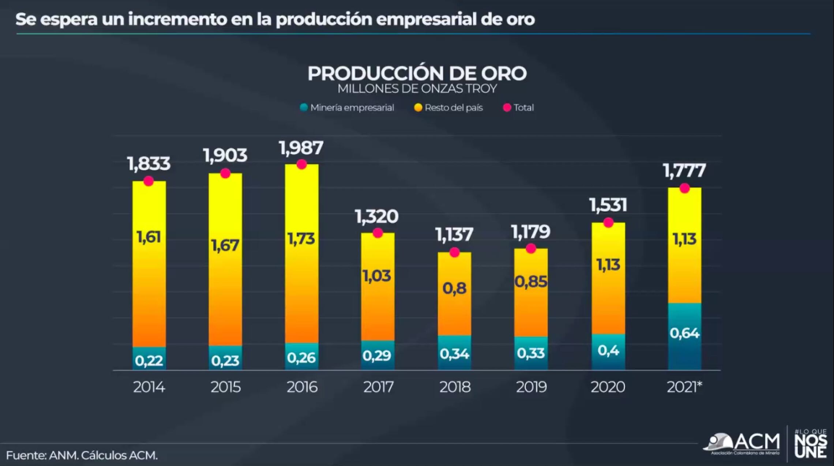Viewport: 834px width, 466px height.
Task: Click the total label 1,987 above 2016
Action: (x=301, y=148)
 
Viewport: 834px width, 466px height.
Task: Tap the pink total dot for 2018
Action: (x=454, y=252)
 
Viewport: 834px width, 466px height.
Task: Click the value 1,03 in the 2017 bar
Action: (x=377, y=276)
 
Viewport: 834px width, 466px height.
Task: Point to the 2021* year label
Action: (x=684, y=387)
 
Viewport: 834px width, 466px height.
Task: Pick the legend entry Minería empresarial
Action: (x=347, y=108)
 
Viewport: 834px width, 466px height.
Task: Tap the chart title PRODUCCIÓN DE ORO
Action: (x=417, y=74)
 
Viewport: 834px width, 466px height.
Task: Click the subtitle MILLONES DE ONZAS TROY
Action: (x=417, y=89)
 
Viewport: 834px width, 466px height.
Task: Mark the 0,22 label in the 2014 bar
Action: (x=149, y=361)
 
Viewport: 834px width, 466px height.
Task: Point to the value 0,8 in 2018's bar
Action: (x=454, y=289)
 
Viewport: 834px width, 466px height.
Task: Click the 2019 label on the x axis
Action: (x=531, y=387)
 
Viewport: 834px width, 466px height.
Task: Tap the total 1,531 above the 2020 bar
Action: (x=608, y=205)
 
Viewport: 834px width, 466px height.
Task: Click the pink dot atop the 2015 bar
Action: (x=225, y=173)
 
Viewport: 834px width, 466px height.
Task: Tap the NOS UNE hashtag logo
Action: (x=811, y=444)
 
